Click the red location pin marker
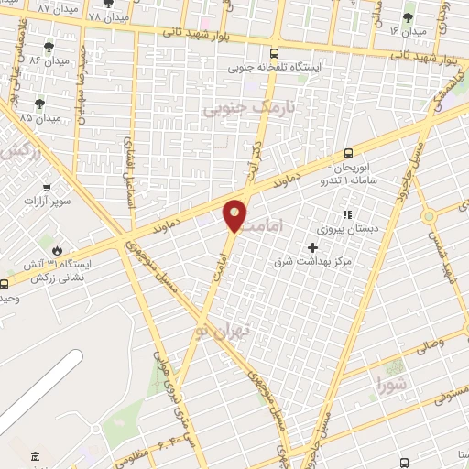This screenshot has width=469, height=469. (x=235, y=215)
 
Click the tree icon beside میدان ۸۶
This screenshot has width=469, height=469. (x=49, y=47)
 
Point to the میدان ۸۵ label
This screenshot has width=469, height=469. (x=39, y=118)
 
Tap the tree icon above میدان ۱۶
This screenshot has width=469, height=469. (x=408, y=16)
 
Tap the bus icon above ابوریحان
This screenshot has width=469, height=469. (x=348, y=154)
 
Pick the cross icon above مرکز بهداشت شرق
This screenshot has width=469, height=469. (x=313, y=247)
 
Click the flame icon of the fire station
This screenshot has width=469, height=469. (x=57, y=247)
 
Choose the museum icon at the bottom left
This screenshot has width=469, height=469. (x=35, y=456)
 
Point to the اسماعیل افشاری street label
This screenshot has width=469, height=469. (x=131, y=167)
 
